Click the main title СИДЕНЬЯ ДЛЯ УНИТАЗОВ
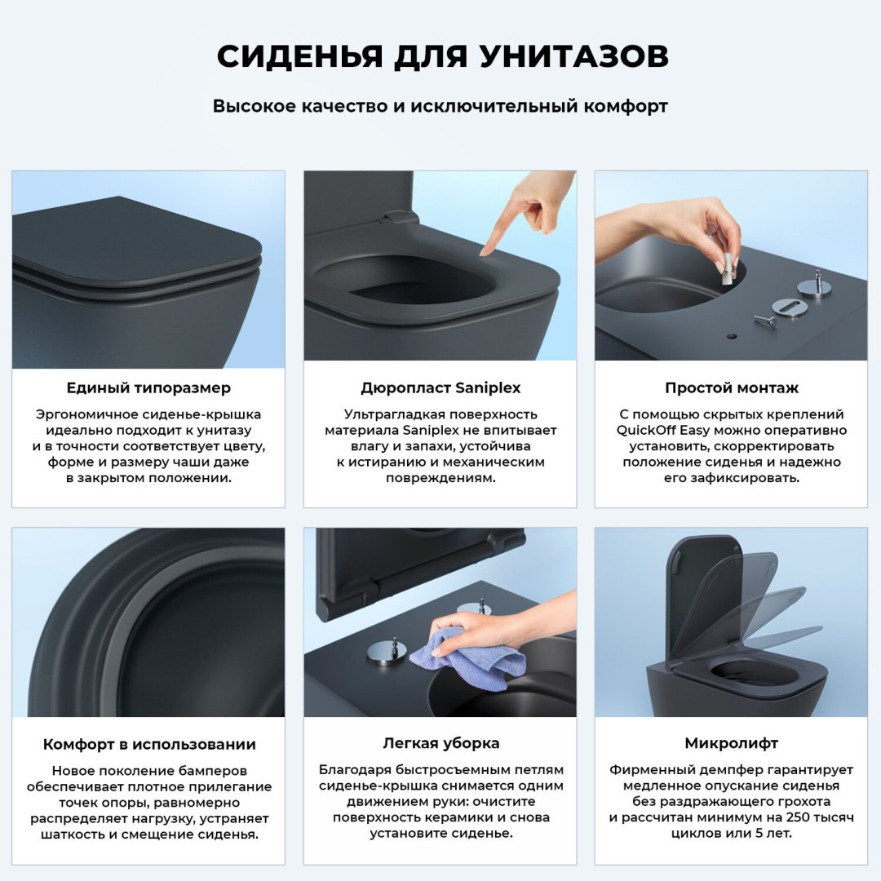(440, 55)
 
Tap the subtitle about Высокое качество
(440, 106)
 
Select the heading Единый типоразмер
(148, 388)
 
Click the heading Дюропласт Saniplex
(440, 388)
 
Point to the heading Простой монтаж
(731, 388)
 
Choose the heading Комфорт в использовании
(148, 744)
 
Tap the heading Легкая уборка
(440, 744)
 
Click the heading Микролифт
(731, 744)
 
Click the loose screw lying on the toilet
(765, 320)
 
